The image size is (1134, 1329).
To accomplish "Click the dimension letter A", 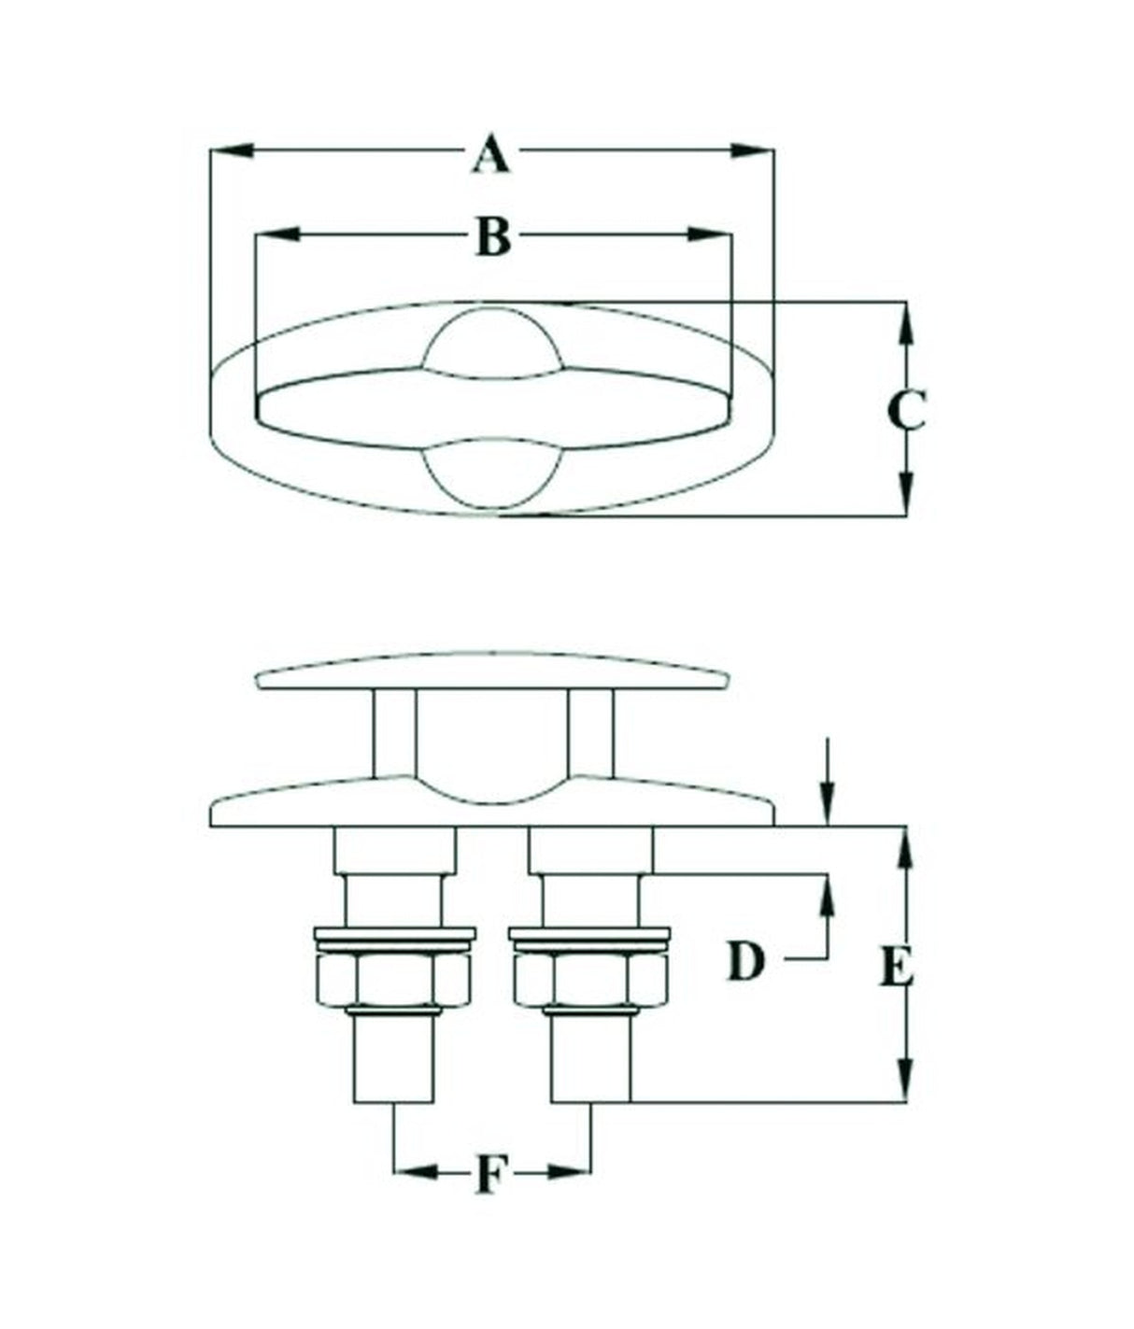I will pos(491,155).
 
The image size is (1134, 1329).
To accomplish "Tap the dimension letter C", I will pos(905,410).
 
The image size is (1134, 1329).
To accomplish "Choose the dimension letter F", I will pos(491,1173).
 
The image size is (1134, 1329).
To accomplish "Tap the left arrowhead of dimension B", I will pos(276,233).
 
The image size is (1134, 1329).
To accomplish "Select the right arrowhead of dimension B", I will pos(707,233).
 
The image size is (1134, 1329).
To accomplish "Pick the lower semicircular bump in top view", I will pos(492,476).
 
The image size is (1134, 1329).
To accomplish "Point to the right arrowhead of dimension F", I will pos(570,1170).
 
